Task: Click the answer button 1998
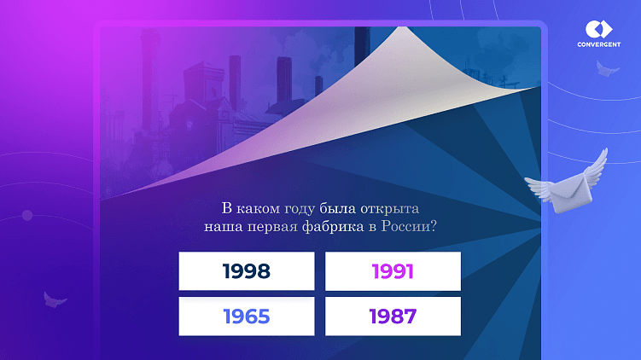pos(247,271)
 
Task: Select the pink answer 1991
pos(393,271)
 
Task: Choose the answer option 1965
pos(247,316)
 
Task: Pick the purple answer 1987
pos(393,316)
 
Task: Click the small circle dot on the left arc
pos(27,214)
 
